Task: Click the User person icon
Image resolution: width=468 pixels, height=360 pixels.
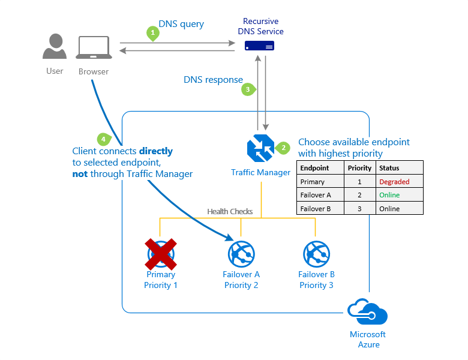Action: coord(55,47)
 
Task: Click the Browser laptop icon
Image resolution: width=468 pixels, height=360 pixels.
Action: coord(93,48)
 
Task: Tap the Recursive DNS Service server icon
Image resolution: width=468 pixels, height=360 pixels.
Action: coord(260,46)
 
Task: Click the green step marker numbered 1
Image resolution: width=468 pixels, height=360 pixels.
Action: coord(153,34)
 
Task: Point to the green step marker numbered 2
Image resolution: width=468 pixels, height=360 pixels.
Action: coord(284,148)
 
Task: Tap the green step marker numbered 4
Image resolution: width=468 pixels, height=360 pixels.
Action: coord(104,139)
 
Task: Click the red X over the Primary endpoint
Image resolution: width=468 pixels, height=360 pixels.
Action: coord(161,254)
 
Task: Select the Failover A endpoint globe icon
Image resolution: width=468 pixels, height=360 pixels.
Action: coord(241,254)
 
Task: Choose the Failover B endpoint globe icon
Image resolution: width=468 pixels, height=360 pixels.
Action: coord(316,254)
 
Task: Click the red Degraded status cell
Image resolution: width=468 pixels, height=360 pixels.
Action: coord(394,182)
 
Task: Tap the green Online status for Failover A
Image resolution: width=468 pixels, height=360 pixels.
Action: coord(389,195)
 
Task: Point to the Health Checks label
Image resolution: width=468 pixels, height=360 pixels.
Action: coord(230,211)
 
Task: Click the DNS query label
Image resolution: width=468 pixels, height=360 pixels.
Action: coord(181,24)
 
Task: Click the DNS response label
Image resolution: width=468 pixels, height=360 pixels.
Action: coord(213,79)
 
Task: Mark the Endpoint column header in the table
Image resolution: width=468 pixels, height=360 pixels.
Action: coord(314,168)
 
